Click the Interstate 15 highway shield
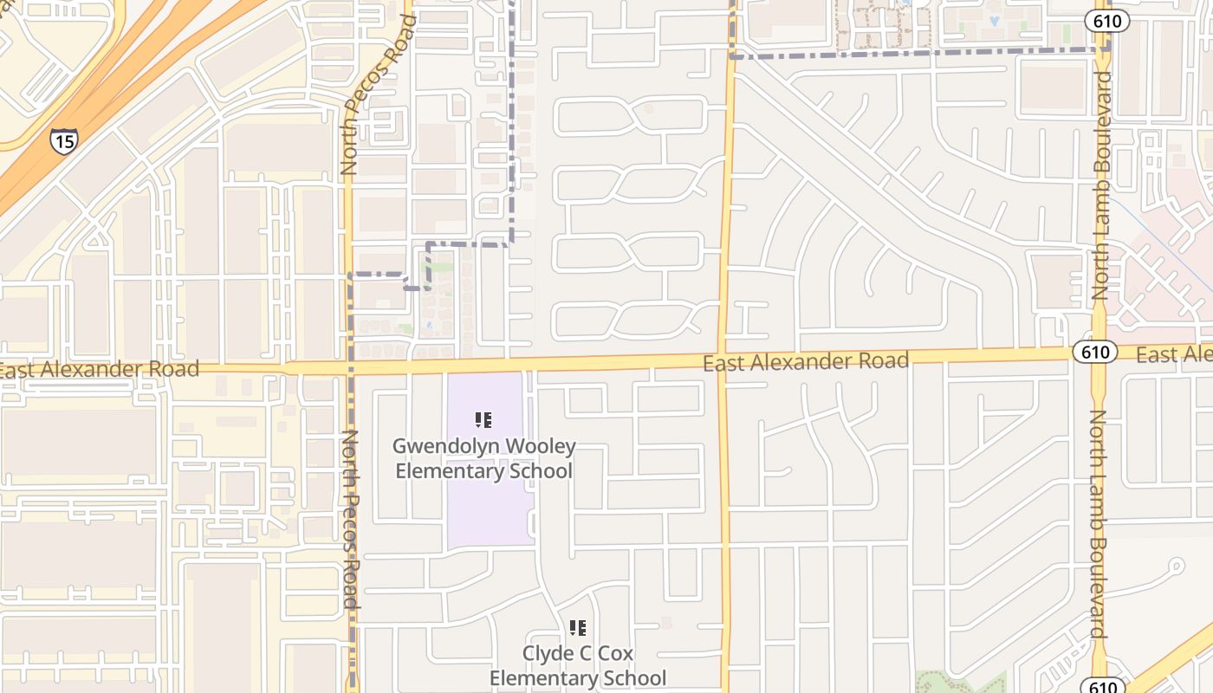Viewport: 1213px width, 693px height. (x=62, y=141)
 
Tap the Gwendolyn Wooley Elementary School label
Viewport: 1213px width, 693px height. (x=483, y=458)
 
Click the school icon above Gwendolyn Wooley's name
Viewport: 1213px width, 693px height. (x=483, y=421)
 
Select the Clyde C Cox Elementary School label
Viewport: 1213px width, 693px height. (x=578, y=665)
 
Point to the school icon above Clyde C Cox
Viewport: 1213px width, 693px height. (x=578, y=627)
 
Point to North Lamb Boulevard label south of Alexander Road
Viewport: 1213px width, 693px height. (x=1097, y=524)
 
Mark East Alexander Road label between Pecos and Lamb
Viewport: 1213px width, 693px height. (x=806, y=361)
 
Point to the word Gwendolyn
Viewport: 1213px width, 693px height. (x=444, y=447)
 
